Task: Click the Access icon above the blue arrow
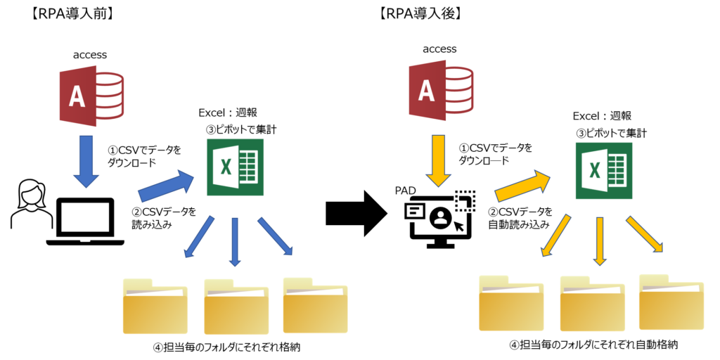pos(92,96)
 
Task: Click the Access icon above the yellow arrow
pos(442,90)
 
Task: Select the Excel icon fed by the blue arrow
pos(235,167)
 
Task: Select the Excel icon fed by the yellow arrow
pos(603,170)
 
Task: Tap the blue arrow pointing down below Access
pos(86,161)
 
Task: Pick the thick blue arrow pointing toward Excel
pos(167,186)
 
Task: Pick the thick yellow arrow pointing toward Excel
pos(523,186)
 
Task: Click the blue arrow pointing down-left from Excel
pos(199,237)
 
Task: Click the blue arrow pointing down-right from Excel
pos(275,236)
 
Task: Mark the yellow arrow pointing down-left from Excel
pos(555,236)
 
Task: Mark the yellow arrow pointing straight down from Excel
pos(599,241)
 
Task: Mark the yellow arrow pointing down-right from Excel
pos(644,233)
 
